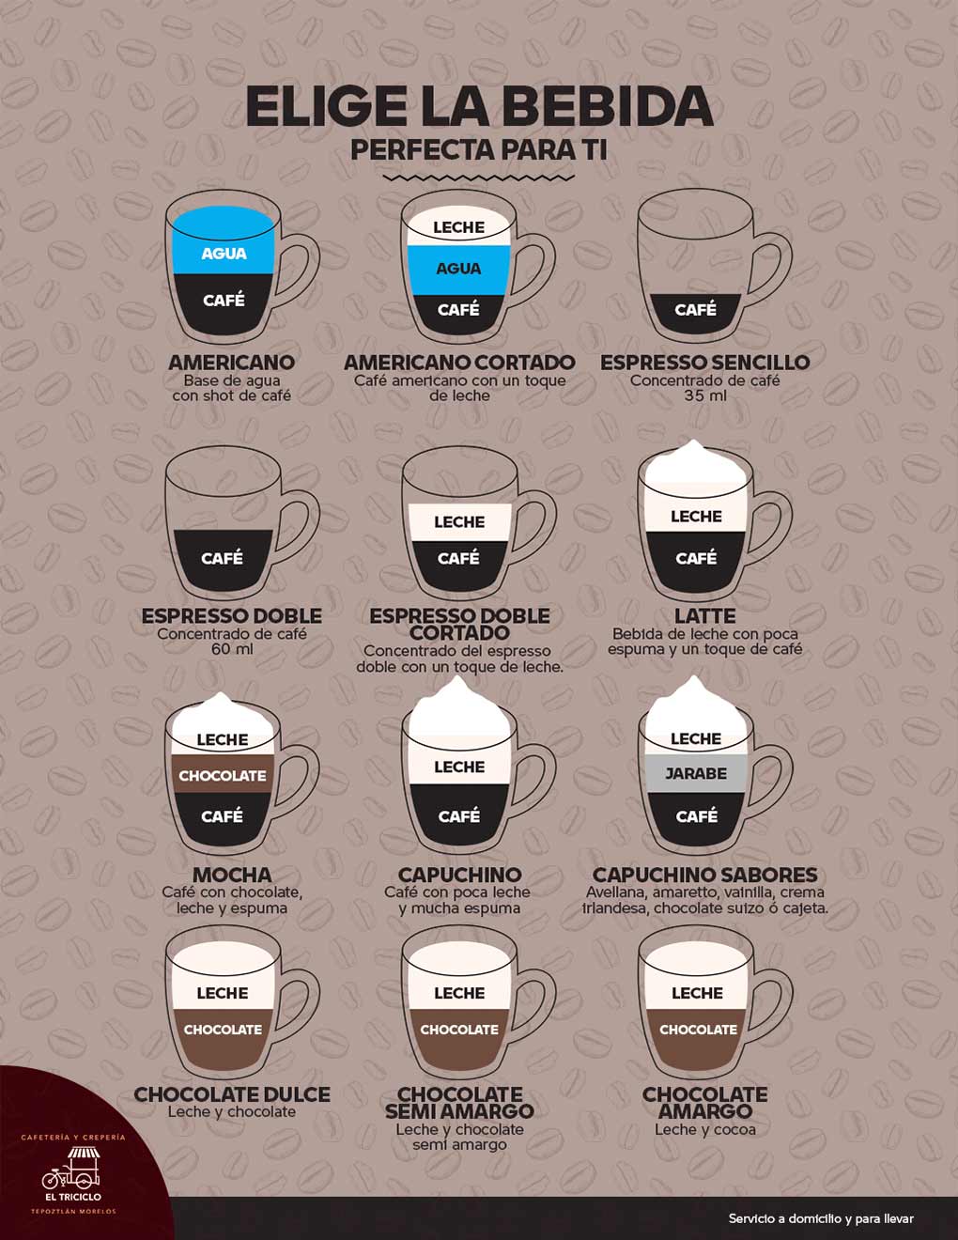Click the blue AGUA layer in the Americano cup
coord(224,240)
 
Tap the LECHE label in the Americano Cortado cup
coord(458,227)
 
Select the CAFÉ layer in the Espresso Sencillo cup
coord(696,313)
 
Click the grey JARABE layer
coord(696,773)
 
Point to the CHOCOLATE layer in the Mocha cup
coord(223,775)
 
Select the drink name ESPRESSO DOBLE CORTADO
coord(459,625)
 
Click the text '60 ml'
coord(232,649)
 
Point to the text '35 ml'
coord(705,395)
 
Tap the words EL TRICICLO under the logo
coord(73,1197)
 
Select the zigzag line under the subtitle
coord(478,178)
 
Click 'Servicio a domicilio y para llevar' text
coord(821,1219)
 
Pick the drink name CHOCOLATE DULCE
coord(232,1094)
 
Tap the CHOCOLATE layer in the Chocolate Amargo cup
coord(697,1040)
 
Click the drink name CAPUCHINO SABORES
coord(705,875)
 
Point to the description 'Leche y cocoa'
coord(705,1129)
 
